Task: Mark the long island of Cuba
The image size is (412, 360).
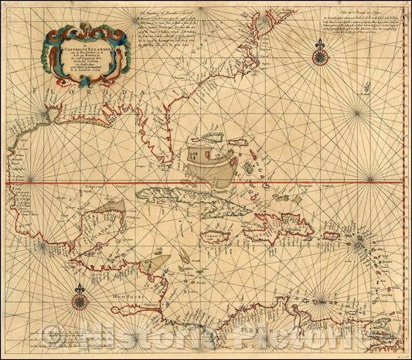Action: click(193, 204)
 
